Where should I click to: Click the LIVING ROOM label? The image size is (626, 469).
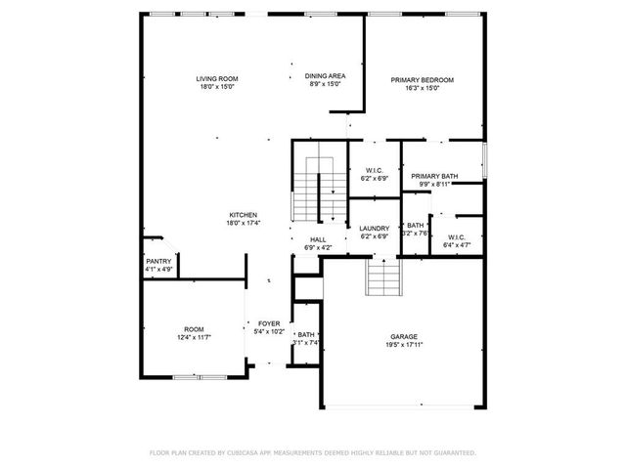216,79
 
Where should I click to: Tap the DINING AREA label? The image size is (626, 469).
324,76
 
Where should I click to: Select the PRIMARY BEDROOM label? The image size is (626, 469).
422,80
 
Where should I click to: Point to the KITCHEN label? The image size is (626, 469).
243,215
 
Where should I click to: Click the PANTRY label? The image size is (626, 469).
158,261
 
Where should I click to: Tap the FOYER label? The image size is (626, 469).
269,323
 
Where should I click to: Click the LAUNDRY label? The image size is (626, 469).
374,229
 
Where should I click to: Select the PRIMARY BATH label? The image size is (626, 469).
434,176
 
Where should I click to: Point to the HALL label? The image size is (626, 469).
318,239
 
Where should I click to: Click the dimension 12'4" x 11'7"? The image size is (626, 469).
194,337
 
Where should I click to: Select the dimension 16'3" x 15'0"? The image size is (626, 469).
422,88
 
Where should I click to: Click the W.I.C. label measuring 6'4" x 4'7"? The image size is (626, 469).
456,236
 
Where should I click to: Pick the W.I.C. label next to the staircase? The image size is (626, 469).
374,171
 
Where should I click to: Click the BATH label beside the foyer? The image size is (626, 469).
306,335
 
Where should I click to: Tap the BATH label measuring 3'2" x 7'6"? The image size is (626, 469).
416,226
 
